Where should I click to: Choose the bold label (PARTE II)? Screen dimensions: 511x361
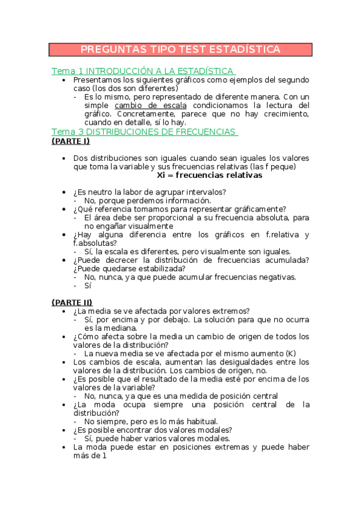point(72,302)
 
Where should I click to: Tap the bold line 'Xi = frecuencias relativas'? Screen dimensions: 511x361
point(209,175)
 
